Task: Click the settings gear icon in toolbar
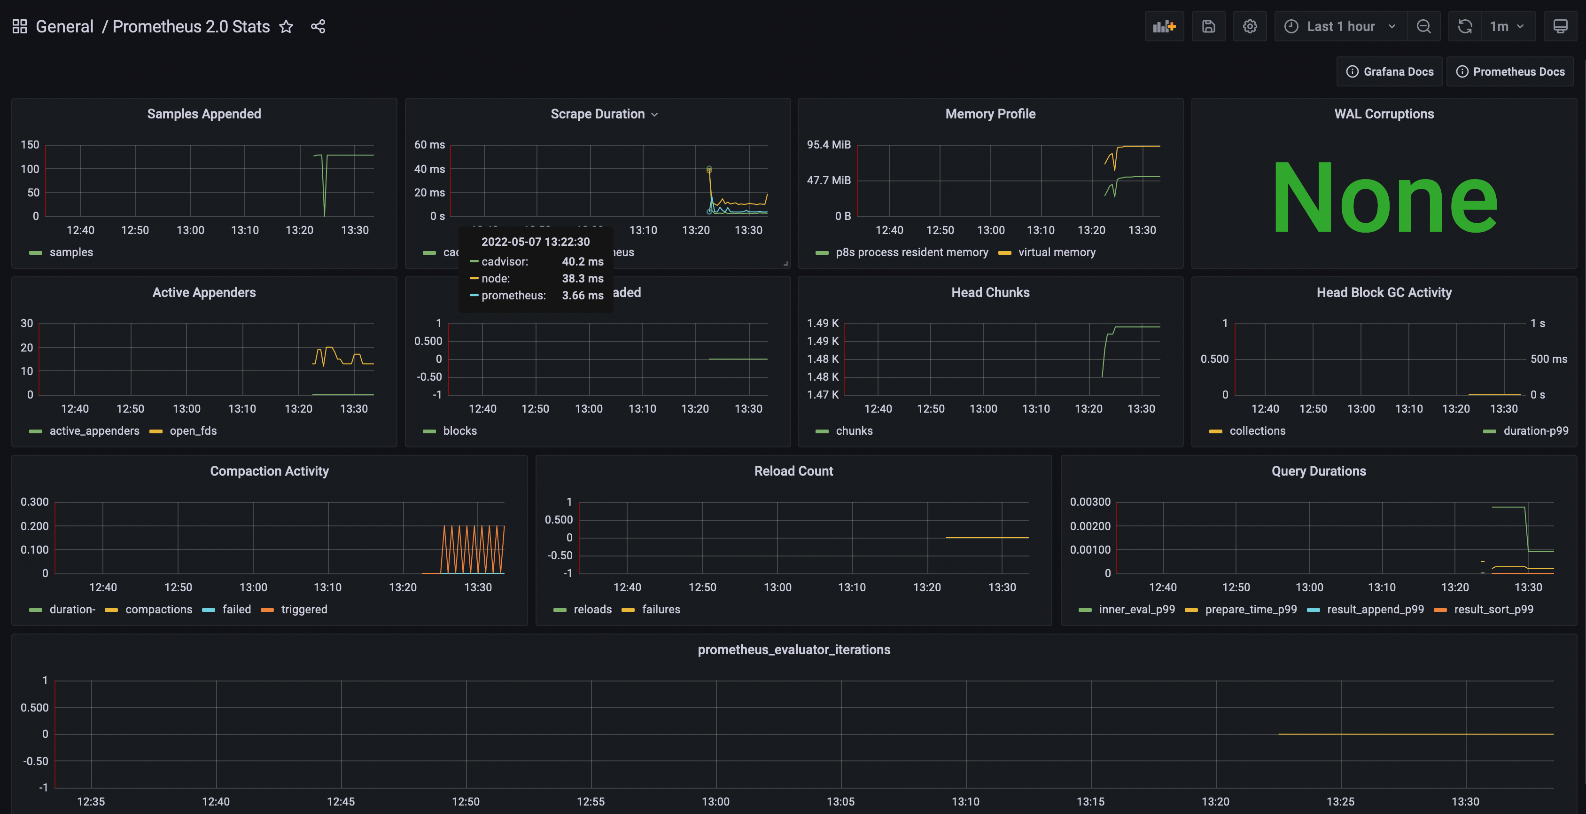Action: click(1249, 26)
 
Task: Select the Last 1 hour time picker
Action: click(1340, 26)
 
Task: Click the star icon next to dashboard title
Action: click(286, 26)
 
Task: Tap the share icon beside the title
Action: click(318, 26)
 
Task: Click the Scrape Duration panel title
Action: click(597, 114)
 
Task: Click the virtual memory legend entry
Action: click(1056, 252)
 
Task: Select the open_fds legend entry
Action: click(193, 431)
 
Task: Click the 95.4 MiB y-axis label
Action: click(828, 145)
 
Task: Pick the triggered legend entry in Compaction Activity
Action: click(303, 610)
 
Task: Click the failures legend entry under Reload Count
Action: click(661, 610)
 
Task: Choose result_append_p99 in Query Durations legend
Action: click(1375, 610)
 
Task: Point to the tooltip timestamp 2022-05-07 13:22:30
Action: click(535, 242)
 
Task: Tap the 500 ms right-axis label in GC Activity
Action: click(1548, 359)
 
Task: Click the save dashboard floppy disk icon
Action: click(1208, 26)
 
